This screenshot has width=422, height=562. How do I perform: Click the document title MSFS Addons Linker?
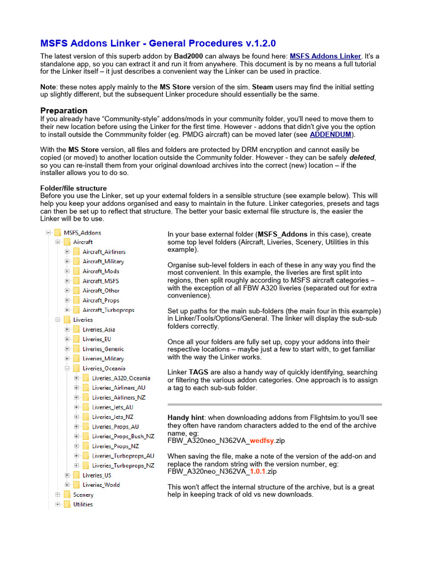pyautogui.click(x=158, y=43)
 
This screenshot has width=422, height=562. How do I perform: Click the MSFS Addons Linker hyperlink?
pyautogui.click(x=325, y=56)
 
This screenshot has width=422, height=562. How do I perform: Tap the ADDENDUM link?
pyautogui.click(x=331, y=134)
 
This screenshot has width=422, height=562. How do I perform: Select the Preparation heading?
pyautogui.click(x=64, y=110)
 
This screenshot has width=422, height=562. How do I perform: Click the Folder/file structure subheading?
pyautogui.click(x=74, y=188)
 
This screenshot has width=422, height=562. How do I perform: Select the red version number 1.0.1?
pyautogui.click(x=260, y=471)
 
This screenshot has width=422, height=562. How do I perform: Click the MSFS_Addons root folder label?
pyautogui.click(x=82, y=233)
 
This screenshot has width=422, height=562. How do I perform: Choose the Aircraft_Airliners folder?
pyautogui.click(x=104, y=252)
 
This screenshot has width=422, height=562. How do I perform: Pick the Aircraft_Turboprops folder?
pyautogui.click(x=108, y=310)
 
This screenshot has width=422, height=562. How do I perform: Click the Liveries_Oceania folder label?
pyautogui.click(x=104, y=368)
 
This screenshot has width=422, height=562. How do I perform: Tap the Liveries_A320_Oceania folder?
pyautogui.click(x=121, y=378)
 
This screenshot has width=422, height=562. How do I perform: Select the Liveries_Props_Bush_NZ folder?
pyautogui.click(x=123, y=436)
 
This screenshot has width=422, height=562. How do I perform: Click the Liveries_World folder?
pyautogui.click(x=101, y=485)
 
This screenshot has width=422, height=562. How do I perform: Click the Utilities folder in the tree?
pyautogui.click(x=83, y=504)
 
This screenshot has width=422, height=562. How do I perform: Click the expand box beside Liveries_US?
pyautogui.click(x=67, y=475)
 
